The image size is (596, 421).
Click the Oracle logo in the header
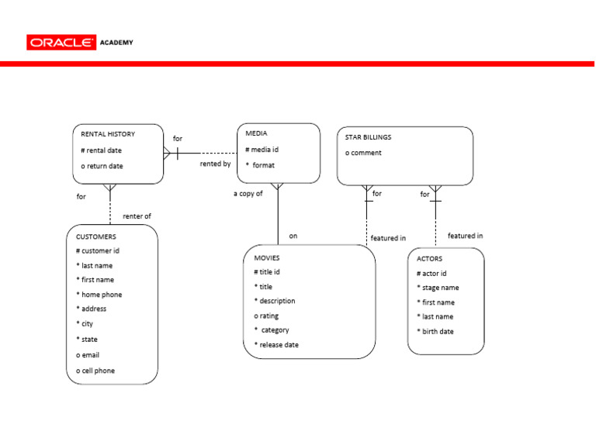click(x=61, y=43)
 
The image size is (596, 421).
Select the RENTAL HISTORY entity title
click(x=108, y=134)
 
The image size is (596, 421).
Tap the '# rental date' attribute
click(x=101, y=150)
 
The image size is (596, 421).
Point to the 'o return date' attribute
click(x=102, y=166)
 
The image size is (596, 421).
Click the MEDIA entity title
click(x=257, y=133)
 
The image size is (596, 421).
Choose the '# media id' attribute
click(x=262, y=149)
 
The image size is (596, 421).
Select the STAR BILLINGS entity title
click(x=368, y=137)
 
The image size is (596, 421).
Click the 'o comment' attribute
click(x=363, y=153)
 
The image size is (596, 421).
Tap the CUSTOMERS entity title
click(x=96, y=236)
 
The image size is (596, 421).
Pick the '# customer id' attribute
click(x=98, y=250)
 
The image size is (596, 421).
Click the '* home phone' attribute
click(x=99, y=295)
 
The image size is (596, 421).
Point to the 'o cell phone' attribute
click(x=95, y=371)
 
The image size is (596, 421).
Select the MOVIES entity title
click(x=266, y=257)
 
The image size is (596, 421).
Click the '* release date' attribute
click(x=276, y=345)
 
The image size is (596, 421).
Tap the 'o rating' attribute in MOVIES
click(x=266, y=316)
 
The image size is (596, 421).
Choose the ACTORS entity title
click(x=430, y=259)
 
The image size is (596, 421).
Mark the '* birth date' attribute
click(x=435, y=331)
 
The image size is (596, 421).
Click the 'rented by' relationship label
click(x=215, y=164)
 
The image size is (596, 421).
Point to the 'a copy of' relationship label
click(x=248, y=194)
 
